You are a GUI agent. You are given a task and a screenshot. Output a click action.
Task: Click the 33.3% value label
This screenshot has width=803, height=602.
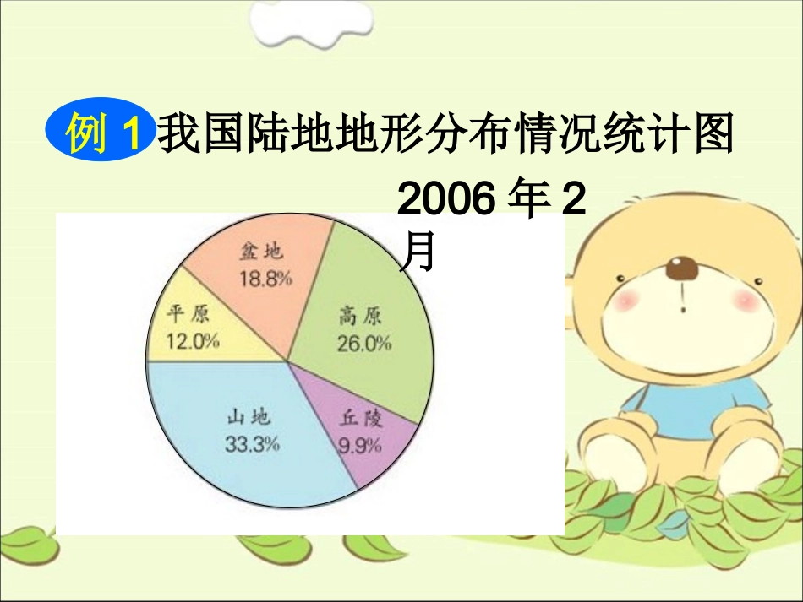coord(252,444)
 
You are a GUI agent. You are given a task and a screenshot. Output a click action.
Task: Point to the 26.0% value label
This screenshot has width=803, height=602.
coord(364,344)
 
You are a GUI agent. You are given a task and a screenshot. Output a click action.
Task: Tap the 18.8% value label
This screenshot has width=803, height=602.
coord(265,279)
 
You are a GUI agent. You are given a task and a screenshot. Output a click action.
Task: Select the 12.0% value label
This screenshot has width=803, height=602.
coord(194,341)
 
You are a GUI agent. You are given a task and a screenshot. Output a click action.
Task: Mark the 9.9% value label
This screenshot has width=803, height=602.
coord(361,446)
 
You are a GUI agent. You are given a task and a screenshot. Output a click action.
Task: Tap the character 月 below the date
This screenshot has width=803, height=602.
coord(418,251)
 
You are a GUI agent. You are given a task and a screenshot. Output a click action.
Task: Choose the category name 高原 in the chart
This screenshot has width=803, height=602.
coord(360,317)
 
